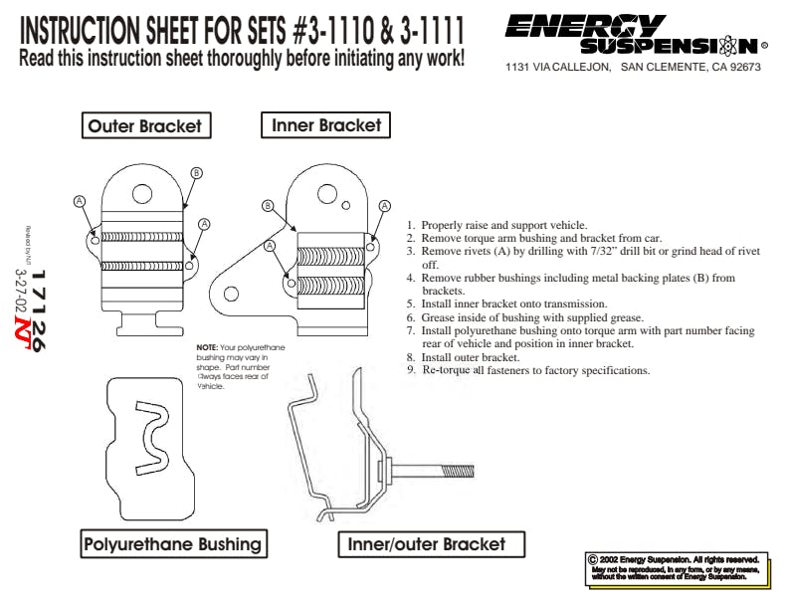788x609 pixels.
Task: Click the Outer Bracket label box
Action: pos(144,126)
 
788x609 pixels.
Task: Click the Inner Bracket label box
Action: pos(326,125)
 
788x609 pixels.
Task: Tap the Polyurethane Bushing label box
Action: pos(173,543)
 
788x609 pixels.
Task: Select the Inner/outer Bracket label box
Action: pos(426,544)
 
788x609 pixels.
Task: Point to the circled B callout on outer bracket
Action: pos(196,173)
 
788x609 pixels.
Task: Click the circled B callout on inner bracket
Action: pos(268,206)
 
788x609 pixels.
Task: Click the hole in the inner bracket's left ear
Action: pos(231,294)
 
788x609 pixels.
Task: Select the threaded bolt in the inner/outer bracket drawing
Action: pos(439,469)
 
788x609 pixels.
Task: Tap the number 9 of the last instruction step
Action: pos(410,370)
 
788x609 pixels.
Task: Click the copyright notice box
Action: pos(679,567)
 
